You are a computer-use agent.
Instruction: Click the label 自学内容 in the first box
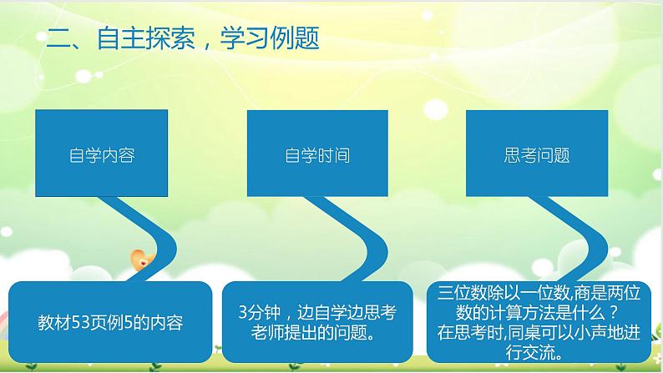click(102, 155)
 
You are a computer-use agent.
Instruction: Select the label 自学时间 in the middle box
click(317, 155)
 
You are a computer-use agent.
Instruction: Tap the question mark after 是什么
click(612, 313)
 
